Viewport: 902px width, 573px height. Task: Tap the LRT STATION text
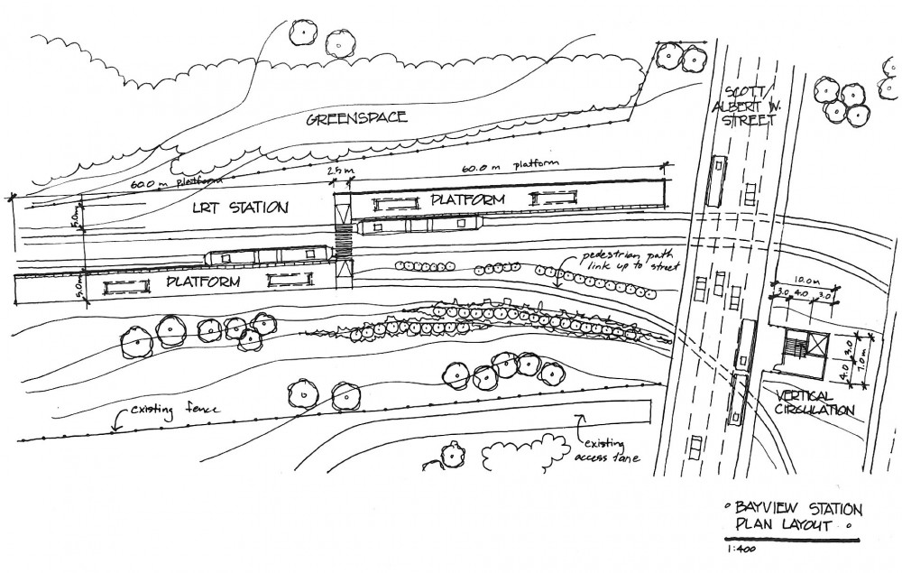[x=243, y=208]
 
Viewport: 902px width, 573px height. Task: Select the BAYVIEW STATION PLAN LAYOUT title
[x=792, y=515]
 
